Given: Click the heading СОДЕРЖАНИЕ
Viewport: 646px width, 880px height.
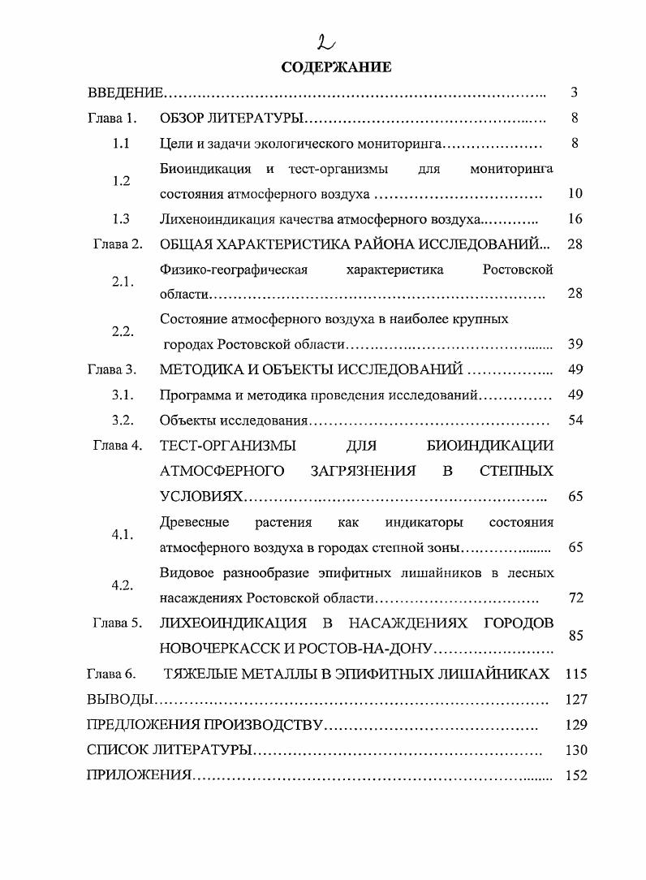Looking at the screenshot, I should click(x=336, y=67).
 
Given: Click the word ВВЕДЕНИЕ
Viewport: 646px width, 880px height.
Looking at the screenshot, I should click(x=126, y=93).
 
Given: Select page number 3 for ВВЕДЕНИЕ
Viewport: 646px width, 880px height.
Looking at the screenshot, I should click(x=574, y=93).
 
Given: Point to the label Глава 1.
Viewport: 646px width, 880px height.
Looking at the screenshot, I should click(x=112, y=119).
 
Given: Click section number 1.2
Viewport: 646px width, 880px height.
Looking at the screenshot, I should click(x=122, y=182).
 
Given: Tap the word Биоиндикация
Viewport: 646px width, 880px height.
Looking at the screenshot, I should click(x=206, y=169).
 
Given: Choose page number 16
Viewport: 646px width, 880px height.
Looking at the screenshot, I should click(x=575, y=219).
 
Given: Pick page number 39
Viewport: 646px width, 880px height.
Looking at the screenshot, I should click(x=575, y=344).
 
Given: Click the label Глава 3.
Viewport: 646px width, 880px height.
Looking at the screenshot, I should click(x=112, y=369).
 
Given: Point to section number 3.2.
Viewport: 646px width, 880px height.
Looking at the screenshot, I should click(x=123, y=421).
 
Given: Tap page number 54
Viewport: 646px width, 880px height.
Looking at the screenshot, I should click(x=575, y=421).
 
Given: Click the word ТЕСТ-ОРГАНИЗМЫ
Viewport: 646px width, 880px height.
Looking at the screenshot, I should click(x=228, y=446).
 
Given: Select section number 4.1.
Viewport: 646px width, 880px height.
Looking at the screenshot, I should click(x=123, y=535).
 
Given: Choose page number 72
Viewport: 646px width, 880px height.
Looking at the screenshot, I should click(x=575, y=598).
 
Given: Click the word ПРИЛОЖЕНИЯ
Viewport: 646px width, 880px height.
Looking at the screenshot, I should click(x=139, y=775).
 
